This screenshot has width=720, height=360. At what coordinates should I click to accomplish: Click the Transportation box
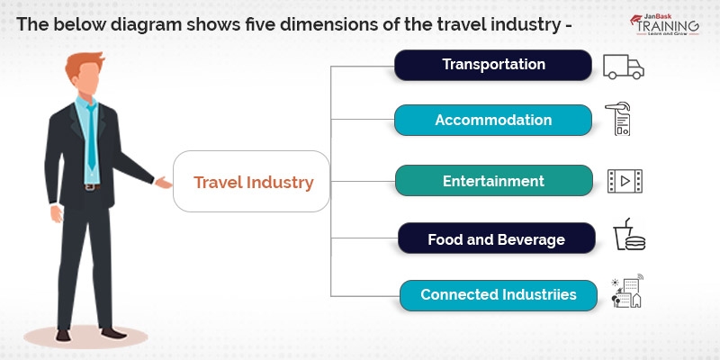(493, 65)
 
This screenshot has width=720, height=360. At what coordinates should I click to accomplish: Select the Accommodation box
(493, 120)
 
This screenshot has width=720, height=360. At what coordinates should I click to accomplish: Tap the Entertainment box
(493, 181)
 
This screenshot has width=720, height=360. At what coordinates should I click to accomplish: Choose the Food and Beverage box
(496, 239)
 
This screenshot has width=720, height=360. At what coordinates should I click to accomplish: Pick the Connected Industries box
(497, 294)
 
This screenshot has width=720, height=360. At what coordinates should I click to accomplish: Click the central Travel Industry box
(253, 182)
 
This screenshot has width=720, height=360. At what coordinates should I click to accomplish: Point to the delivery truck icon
(624, 66)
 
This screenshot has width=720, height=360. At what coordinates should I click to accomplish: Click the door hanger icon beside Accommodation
(621, 119)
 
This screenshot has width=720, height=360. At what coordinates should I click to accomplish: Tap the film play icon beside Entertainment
(624, 181)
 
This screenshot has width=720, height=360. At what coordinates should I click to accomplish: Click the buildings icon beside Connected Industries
(626, 292)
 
